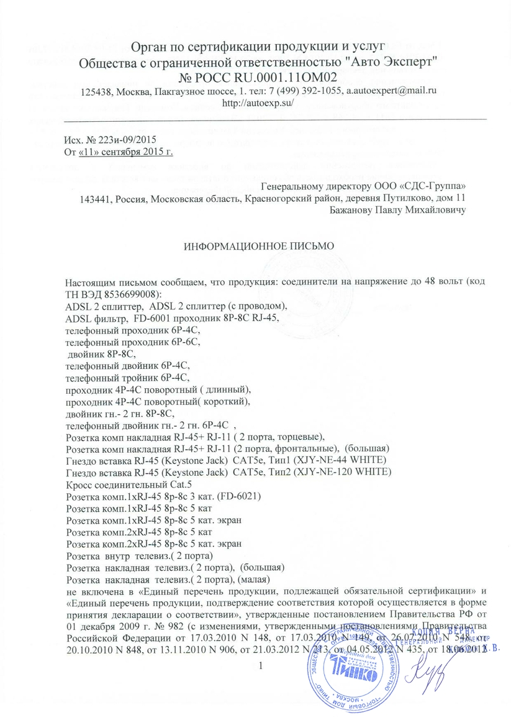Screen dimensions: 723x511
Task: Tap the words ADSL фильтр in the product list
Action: [x=93, y=317]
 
